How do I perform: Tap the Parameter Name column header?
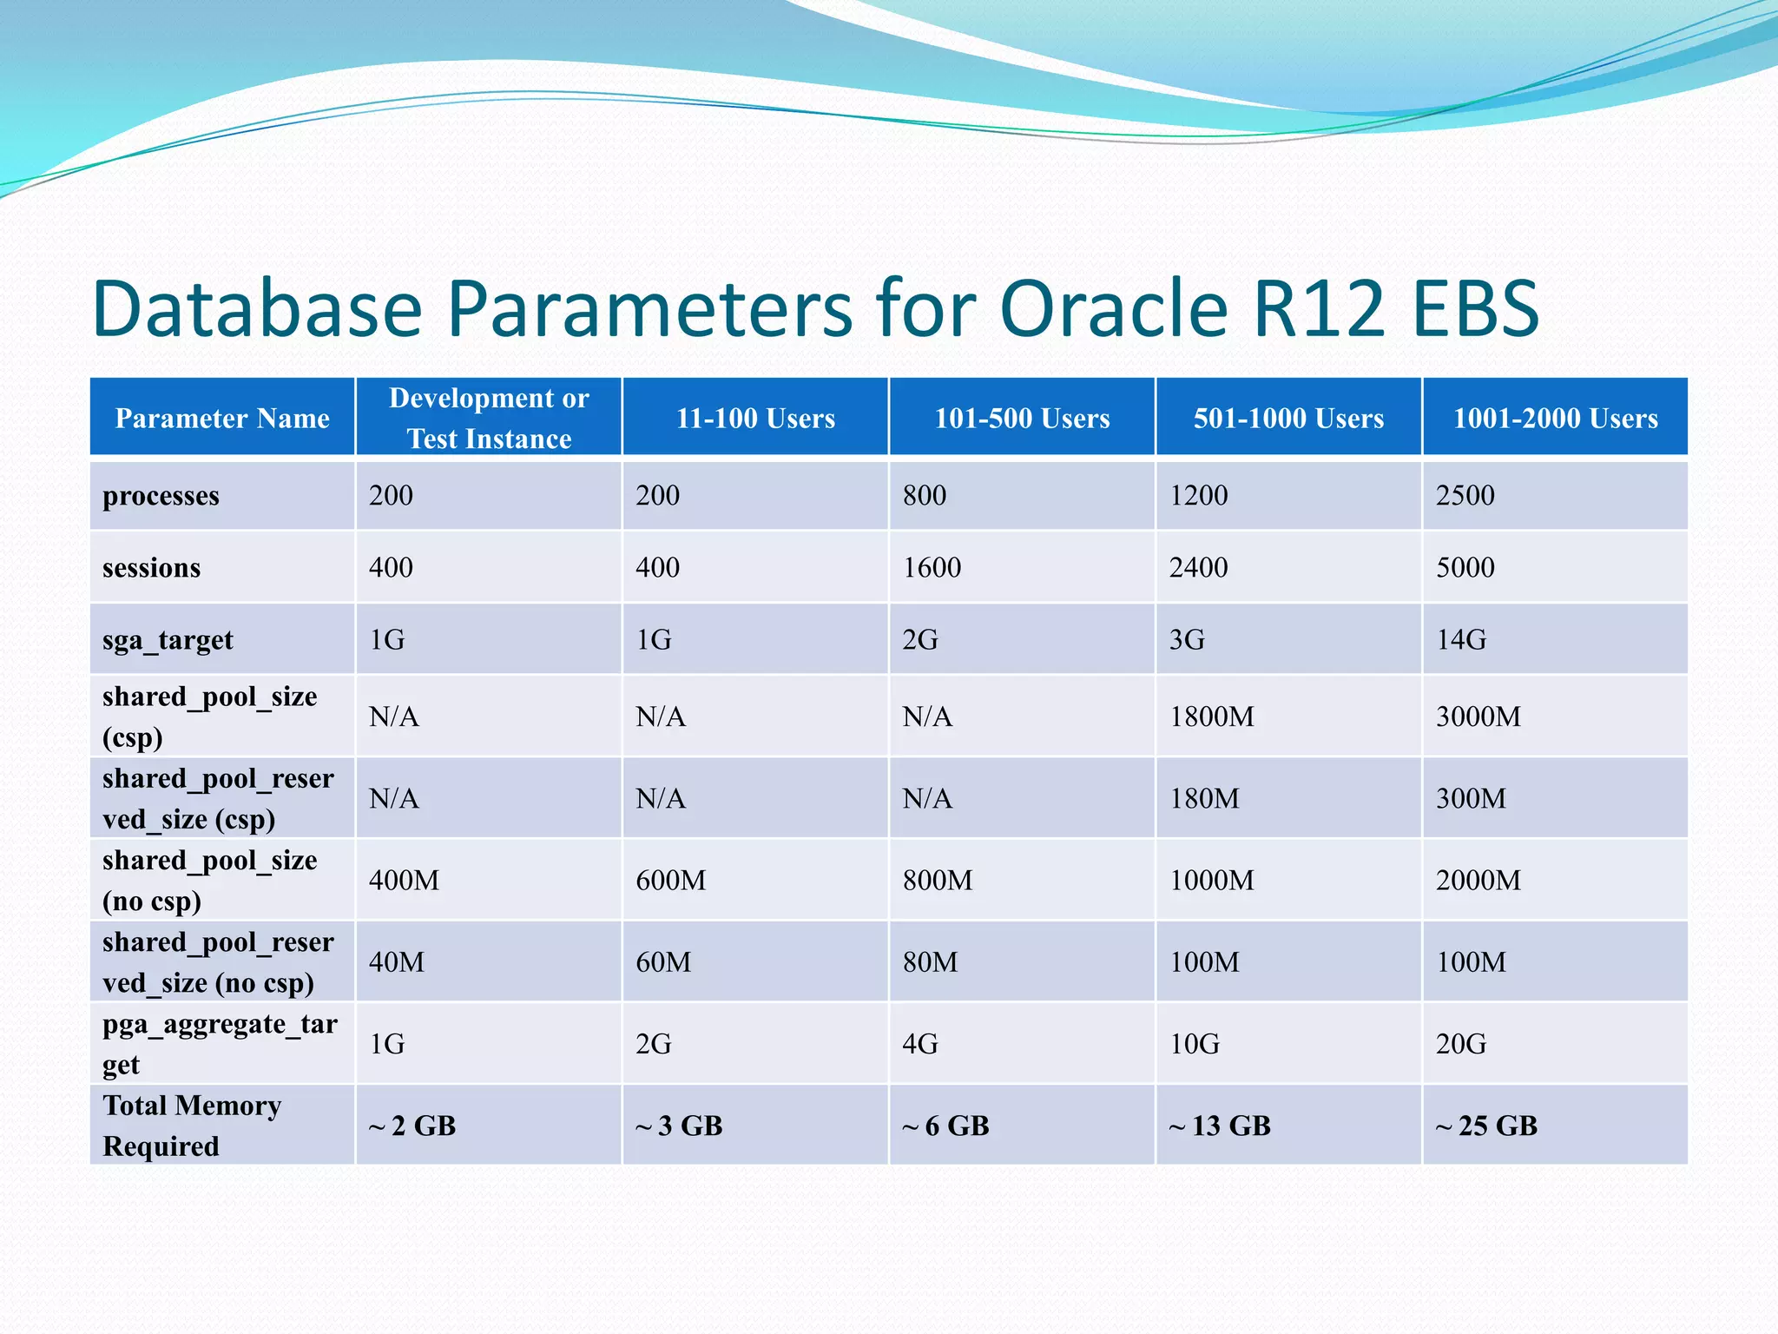(222, 419)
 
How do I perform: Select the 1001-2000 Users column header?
(1555, 419)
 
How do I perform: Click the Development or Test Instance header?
(489, 418)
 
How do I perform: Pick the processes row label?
(161, 496)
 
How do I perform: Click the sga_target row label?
(168, 640)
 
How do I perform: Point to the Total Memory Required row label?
(192, 1126)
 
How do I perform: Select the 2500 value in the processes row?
(1465, 496)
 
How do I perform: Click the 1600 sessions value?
(932, 568)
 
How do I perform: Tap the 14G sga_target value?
(1461, 640)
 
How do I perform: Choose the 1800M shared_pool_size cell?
(1211, 717)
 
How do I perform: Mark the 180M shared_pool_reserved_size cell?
(1204, 799)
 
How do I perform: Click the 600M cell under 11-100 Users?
(670, 881)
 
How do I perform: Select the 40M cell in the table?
(397, 962)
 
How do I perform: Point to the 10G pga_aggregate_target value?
(1195, 1044)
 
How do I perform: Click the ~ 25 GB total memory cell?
(1486, 1126)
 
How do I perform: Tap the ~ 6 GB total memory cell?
(945, 1126)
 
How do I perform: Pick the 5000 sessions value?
(1465, 568)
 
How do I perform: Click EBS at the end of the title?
(1475, 308)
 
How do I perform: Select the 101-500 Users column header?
(1022, 419)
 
